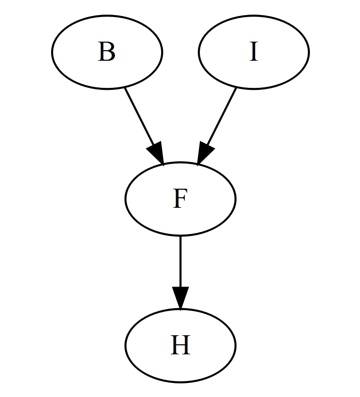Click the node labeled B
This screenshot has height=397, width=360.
click(x=106, y=52)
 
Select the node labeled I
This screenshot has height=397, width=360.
click(x=254, y=52)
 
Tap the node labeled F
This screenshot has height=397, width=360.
click(x=180, y=199)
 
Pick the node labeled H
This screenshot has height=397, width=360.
click(x=180, y=346)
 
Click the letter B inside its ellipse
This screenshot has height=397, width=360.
click(x=106, y=52)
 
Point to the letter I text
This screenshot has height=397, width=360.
click(x=254, y=52)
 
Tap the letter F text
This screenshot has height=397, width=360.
click(x=180, y=199)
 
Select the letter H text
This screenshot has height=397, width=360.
click(x=180, y=346)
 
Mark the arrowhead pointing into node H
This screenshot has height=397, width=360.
click(x=180, y=298)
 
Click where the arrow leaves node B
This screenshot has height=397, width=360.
click(x=125, y=87)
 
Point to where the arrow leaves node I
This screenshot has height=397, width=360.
click(x=235, y=87)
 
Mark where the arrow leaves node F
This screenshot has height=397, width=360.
click(x=180, y=236)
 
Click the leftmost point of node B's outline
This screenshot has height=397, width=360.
click(x=52, y=52)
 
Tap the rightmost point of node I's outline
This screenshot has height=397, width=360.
click(x=309, y=52)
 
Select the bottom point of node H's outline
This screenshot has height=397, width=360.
click(x=180, y=382)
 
